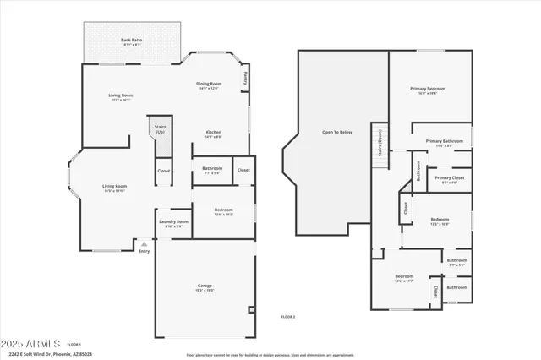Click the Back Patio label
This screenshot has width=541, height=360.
pos(131,40)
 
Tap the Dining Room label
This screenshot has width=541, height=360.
pos(209,84)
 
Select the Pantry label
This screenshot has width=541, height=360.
pos(245,79)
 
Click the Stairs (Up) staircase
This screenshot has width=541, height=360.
pos(160,139)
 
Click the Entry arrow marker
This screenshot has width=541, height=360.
pos(144,243)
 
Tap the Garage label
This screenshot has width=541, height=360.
pos(205,286)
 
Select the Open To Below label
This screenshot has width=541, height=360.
pos(337,133)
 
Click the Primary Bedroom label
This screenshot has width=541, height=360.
pos(428,89)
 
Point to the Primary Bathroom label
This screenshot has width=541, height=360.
pos(444,141)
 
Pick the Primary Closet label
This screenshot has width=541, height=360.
pos(450,178)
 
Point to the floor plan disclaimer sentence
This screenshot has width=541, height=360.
pos(270,355)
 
